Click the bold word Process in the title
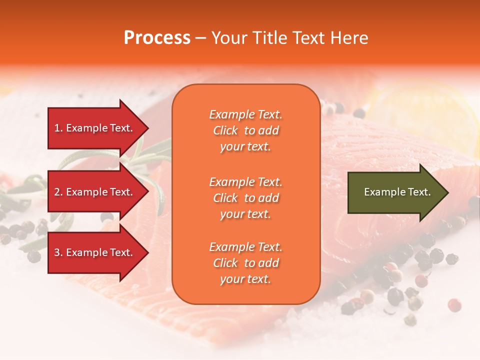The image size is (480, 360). [157, 38]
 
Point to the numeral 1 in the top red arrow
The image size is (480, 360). [57, 128]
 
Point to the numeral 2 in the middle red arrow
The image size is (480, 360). [57, 192]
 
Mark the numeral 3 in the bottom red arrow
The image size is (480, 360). [57, 252]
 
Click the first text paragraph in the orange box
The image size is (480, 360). [245, 130]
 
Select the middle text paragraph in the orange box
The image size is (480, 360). [245, 198]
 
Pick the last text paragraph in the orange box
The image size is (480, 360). [245, 263]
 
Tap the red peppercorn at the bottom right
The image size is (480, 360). [454, 304]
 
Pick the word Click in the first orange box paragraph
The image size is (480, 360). [225, 130]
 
